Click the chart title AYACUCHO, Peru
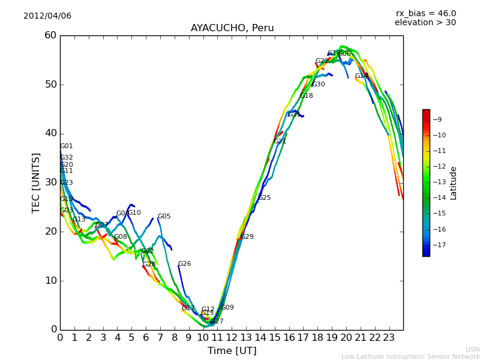(232, 28)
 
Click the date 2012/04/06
(47, 16)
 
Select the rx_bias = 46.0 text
(425, 14)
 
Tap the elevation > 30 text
(425, 23)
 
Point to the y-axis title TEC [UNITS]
(36, 182)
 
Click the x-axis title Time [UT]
(232, 351)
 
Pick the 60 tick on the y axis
(50, 35)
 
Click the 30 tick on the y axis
(50, 182)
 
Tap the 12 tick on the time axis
(232, 338)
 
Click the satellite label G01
(67, 146)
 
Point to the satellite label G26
(185, 264)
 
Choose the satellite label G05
(164, 217)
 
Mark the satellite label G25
(265, 198)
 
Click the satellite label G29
(247, 237)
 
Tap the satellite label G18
(307, 96)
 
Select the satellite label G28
(149, 265)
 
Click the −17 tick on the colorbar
(441, 245)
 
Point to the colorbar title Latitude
(454, 183)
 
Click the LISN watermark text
(473, 349)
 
